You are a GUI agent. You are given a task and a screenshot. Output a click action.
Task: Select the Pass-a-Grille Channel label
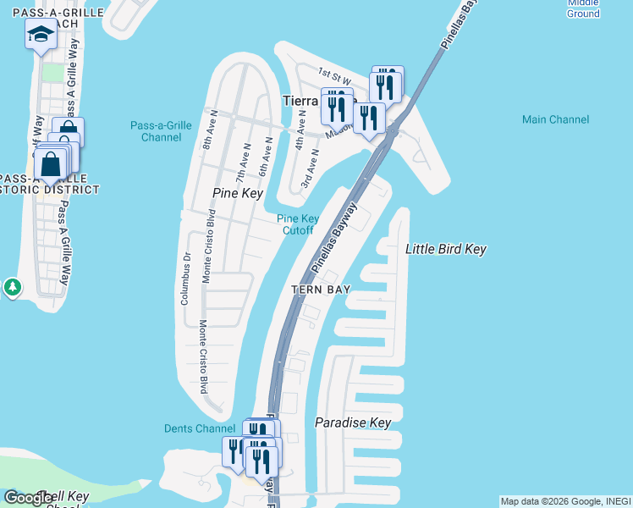click(x=161, y=131)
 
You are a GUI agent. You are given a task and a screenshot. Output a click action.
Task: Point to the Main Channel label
click(x=555, y=119)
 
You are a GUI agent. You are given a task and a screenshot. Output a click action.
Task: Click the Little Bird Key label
click(x=445, y=249)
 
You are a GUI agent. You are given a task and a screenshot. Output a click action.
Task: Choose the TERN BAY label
click(x=321, y=289)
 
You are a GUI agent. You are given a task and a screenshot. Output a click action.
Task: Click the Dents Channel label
click(x=199, y=428)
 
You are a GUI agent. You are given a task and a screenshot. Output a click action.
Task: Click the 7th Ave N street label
click(x=243, y=161)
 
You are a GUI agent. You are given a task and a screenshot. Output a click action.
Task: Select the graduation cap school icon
click(x=41, y=35)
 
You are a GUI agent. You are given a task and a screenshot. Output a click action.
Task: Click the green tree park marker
click(x=12, y=287)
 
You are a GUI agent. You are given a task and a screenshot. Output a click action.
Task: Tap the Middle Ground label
click(x=583, y=8)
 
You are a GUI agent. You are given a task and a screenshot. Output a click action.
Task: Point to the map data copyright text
click(x=565, y=501)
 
